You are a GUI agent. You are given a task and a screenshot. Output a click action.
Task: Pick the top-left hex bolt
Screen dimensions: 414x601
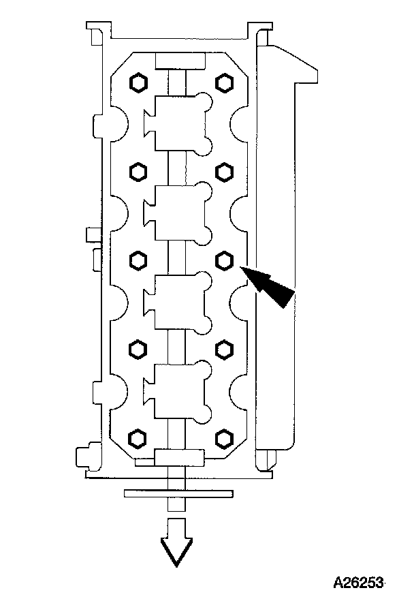[138, 83]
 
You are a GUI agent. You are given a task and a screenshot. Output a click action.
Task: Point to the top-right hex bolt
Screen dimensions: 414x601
[224, 83]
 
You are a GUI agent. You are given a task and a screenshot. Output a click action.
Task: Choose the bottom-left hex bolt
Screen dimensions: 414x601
[138, 436]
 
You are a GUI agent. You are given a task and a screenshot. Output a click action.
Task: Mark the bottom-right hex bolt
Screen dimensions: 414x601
[224, 436]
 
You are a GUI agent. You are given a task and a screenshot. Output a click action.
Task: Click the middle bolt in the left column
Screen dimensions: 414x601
[138, 259]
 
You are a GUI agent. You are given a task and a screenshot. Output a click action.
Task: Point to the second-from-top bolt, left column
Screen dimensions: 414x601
[138, 171]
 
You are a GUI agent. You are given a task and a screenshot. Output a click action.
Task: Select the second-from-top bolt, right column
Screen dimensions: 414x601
[224, 171]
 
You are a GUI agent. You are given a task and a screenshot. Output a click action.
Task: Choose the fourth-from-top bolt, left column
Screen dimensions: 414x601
[138, 349]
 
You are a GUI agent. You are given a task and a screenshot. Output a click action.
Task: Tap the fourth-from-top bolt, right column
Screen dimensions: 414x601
[224, 349]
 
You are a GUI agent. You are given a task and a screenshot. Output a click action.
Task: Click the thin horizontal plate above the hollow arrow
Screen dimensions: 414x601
[178, 493]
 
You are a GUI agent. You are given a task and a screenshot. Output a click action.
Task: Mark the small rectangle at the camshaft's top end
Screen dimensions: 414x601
[180, 61]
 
